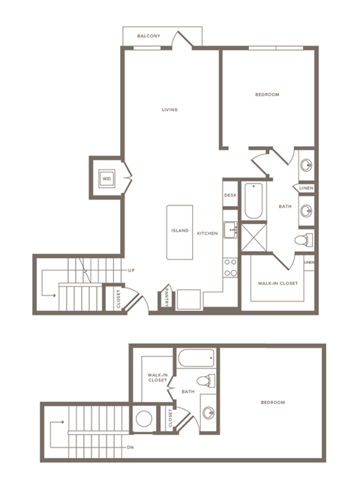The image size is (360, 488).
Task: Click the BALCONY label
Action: [x=148, y=36]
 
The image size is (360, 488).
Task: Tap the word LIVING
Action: [x=169, y=110]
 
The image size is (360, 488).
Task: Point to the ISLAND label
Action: [x=179, y=231]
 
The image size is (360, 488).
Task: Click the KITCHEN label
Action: [x=208, y=234]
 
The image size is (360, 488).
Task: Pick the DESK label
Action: [x=230, y=196]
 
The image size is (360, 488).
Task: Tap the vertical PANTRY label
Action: [x=166, y=298]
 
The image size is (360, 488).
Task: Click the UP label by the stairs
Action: [x=131, y=270]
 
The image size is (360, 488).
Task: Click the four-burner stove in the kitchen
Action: [x=231, y=268]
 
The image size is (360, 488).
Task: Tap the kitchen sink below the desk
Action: [x=230, y=229]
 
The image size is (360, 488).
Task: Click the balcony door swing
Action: [x=181, y=40]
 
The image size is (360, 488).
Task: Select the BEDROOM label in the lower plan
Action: [x=272, y=403]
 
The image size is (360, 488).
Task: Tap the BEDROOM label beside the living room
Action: [x=267, y=94]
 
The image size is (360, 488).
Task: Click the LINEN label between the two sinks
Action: [x=307, y=187]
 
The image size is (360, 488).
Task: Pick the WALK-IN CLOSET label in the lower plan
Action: [x=157, y=378]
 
